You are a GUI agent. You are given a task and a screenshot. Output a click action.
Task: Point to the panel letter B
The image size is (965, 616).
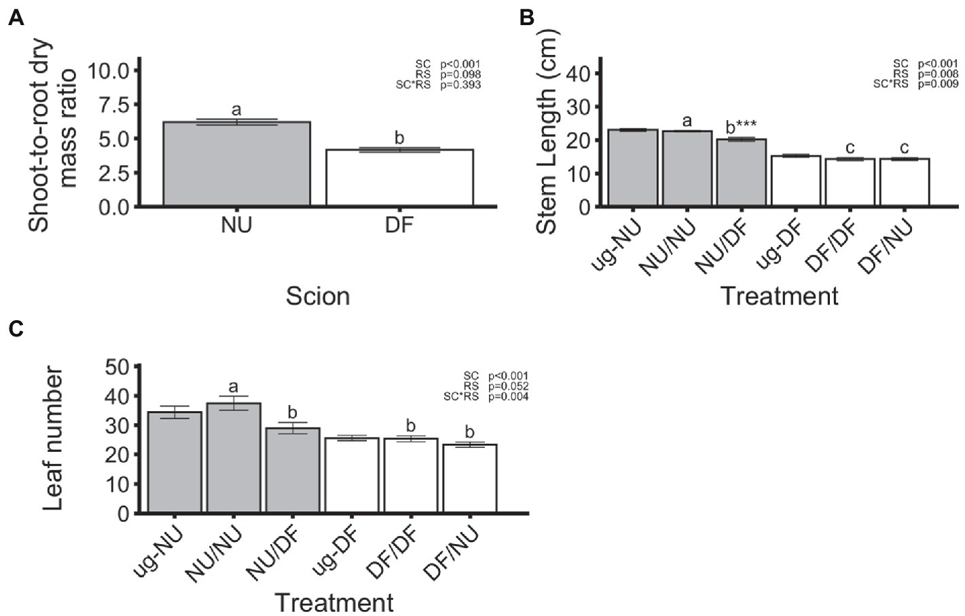tap(526, 18)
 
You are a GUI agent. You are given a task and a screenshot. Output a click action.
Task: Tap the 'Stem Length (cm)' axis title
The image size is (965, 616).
tap(547, 132)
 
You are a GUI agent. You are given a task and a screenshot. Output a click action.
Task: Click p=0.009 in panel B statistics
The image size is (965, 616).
tap(938, 84)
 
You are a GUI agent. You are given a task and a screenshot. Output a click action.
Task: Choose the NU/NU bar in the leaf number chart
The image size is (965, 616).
tap(234, 458)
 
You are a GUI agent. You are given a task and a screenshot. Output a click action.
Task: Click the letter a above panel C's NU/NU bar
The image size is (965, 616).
tap(234, 387)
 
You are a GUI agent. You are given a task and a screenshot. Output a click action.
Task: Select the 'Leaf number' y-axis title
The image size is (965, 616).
tap(53, 438)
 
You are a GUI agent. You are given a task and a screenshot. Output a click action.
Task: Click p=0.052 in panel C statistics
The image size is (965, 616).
tap(508, 386)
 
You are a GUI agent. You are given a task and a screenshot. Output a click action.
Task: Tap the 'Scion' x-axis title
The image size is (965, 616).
tap(317, 296)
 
